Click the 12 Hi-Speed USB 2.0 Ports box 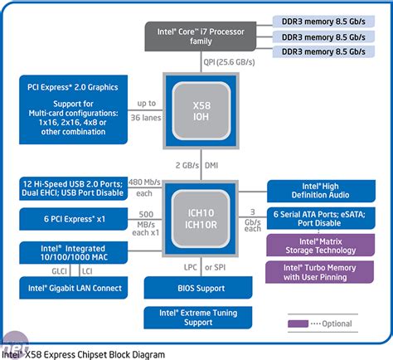coord(71,190)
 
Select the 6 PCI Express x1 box coord(71,221)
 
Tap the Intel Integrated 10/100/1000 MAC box coord(71,252)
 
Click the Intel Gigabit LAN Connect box coord(71,288)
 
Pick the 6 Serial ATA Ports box coord(321,218)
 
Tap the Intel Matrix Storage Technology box coord(321,246)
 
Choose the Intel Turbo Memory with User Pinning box coord(321,273)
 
